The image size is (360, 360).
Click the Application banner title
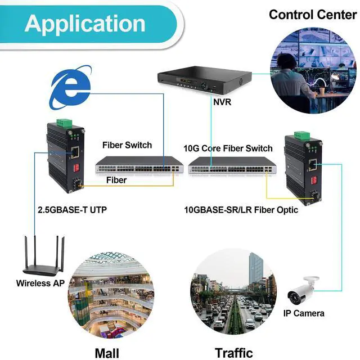(84, 23)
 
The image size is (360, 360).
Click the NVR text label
(222, 103)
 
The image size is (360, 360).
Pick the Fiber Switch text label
(127, 145)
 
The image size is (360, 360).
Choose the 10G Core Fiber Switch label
(228, 148)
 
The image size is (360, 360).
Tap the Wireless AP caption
(40, 283)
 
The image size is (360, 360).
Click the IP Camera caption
(303, 313)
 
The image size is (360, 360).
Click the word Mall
(107, 353)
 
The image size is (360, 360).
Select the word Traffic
(234, 353)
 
